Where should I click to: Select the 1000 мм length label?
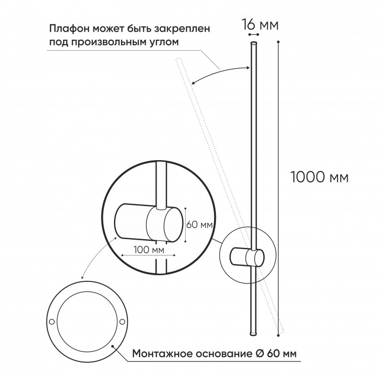[x=319, y=177]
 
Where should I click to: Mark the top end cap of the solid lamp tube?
[x=253, y=44]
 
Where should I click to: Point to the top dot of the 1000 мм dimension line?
[x=278, y=42]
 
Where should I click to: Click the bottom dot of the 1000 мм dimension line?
[x=278, y=333]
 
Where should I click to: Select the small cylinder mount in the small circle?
[x=246, y=257]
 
